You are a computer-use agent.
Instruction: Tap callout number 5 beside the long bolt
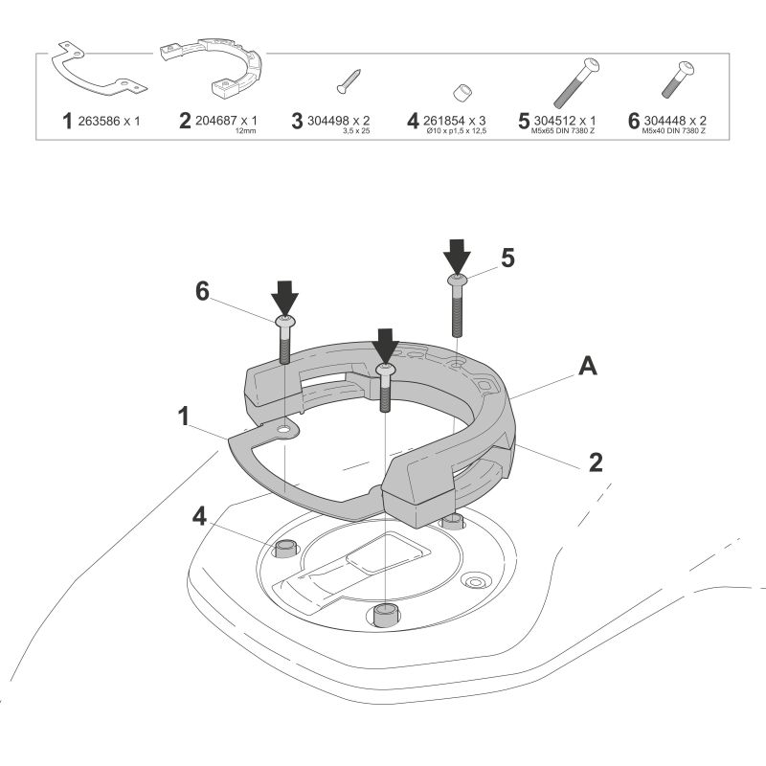(507, 258)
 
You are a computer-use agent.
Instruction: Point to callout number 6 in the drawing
(202, 291)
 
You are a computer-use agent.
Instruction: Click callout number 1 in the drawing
(181, 418)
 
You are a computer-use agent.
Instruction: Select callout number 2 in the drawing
(595, 462)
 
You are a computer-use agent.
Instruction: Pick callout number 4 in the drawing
(199, 515)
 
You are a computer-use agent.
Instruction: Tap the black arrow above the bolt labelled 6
(285, 296)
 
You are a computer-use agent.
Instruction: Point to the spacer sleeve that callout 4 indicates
(284, 549)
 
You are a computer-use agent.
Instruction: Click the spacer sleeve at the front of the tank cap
(385, 615)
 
